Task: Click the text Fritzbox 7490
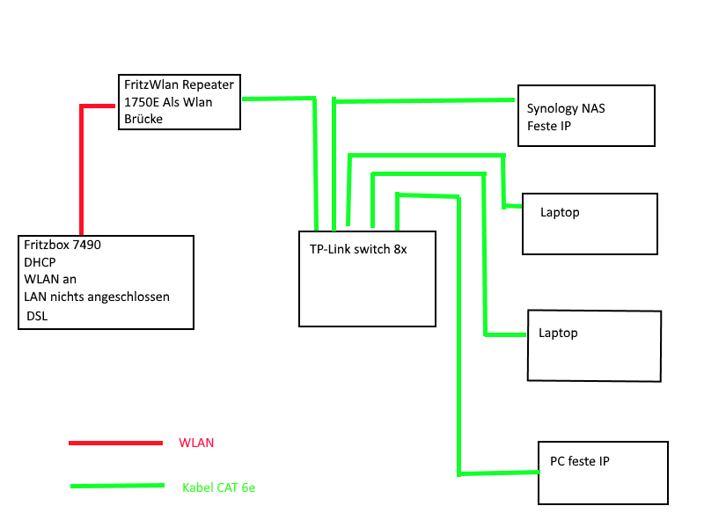(x=63, y=245)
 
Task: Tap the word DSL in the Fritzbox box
(x=37, y=315)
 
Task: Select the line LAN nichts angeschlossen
(x=97, y=297)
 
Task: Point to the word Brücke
(x=143, y=119)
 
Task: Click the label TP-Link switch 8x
(x=358, y=249)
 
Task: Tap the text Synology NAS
(x=567, y=109)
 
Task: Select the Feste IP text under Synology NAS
(x=550, y=126)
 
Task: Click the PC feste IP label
(x=580, y=461)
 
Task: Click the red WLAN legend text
(x=195, y=443)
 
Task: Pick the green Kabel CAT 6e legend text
(x=218, y=487)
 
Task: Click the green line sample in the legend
(x=117, y=486)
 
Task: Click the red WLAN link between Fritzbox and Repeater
(x=82, y=167)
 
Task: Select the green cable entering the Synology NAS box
(x=493, y=100)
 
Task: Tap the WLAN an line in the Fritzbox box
(x=51, y=279)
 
